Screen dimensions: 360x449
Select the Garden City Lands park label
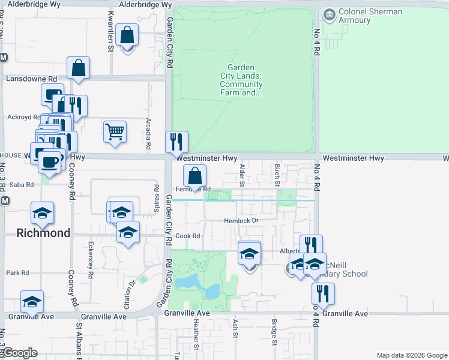coord(241,80)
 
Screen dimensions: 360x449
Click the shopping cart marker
coord(115,131)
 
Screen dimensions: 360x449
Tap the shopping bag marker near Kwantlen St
coord(127,35)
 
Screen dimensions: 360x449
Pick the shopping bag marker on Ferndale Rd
coord(194,177)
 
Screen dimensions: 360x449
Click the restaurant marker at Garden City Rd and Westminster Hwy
coord(176,142)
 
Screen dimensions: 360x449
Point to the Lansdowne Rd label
coord(31,79)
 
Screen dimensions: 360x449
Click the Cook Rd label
coord(188,236)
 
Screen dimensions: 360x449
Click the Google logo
coord(20,353)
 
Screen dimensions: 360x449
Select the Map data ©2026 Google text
coord(411,355)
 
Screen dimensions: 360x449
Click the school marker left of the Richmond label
coord(42,214)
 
